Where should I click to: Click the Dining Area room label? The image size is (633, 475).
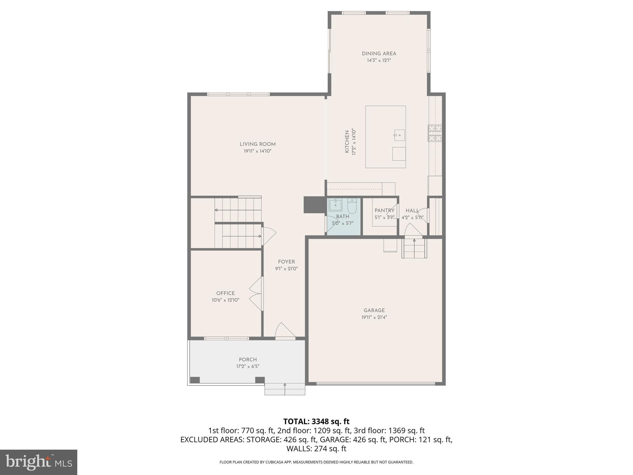(379, 53)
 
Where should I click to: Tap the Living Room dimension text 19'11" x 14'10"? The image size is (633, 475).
(257, 151)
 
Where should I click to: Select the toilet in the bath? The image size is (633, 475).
(352, 205)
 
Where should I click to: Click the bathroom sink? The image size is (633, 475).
(335, 204)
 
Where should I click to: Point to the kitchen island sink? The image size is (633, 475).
(399, 135)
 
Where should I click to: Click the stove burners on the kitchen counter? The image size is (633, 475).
(435, 133)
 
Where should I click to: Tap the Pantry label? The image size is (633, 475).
(384, 211)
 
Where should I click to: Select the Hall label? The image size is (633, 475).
(412, 211)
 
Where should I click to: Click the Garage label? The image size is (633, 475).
(374, 310)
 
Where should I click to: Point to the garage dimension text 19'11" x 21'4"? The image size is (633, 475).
(374, 317)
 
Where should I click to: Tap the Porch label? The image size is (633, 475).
(248, 359)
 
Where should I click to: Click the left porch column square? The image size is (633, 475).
(195, 380)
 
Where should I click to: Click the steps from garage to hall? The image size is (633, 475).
(414, 248)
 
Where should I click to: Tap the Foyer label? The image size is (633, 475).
(286, 262)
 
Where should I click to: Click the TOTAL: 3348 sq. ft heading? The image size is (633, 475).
(316, 421)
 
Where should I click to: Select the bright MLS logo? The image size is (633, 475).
(38, 462)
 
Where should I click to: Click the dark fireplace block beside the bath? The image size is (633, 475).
(314, 205)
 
